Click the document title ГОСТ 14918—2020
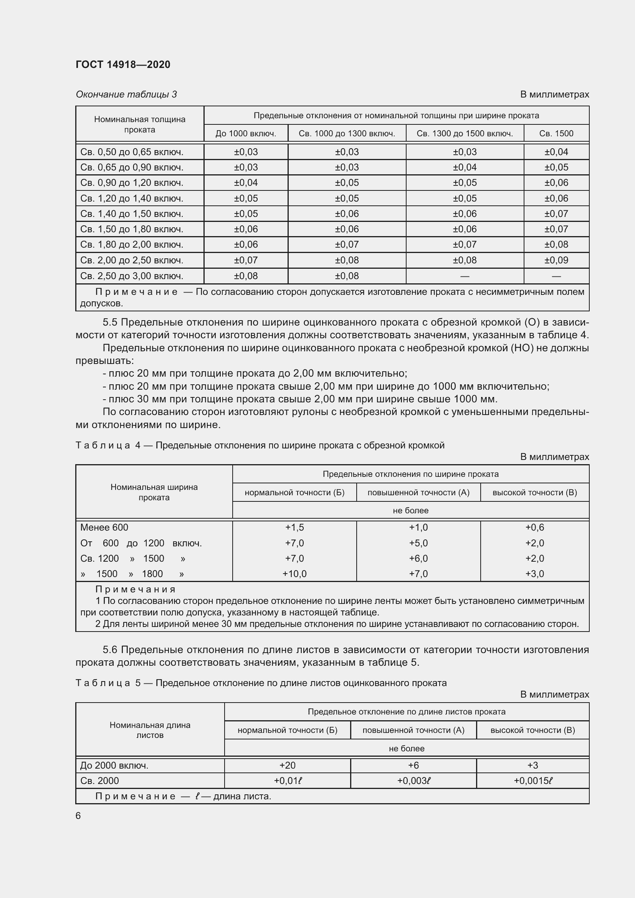tap(123, 64)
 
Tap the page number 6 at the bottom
tap(78, 815)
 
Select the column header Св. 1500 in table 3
tap(556, 133)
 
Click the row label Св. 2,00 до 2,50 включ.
tap(132, 260)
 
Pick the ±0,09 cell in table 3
tap(556, 260)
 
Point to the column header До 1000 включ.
tap(246, 133)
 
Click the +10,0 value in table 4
tap(294, 574)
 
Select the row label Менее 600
tap(104, 527)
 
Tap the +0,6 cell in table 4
tap(534, 527)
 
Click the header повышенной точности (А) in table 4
tap(418, 493)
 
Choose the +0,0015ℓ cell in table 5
tap(532, 781)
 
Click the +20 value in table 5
tap(288, 765)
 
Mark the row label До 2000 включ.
tap(114, 765)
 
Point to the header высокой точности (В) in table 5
tap(532, 730)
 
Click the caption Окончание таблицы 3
tap(126, 94)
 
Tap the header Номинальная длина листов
tap(150, 730)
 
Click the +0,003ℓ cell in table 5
tap(413, 781)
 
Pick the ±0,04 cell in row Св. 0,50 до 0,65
tap(556, 152)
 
